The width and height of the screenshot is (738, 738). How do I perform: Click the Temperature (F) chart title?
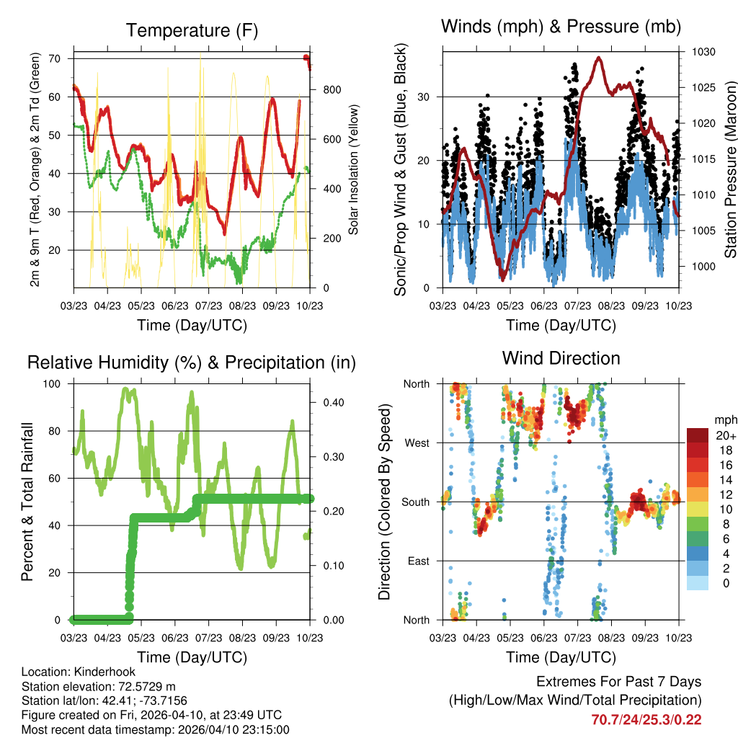[192, 30]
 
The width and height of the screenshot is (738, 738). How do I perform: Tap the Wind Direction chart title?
[561, 358]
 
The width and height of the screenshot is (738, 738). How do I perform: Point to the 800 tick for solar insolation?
[332, 90]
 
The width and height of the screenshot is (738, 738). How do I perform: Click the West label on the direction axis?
[417, 443]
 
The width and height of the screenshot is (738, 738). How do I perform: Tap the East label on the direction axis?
[418, 561]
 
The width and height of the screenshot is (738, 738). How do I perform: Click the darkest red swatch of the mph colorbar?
[696, 435]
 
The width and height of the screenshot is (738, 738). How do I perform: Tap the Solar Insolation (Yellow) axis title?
[354, 170]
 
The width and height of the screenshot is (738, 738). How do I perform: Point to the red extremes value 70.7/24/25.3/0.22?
[646, 719]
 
